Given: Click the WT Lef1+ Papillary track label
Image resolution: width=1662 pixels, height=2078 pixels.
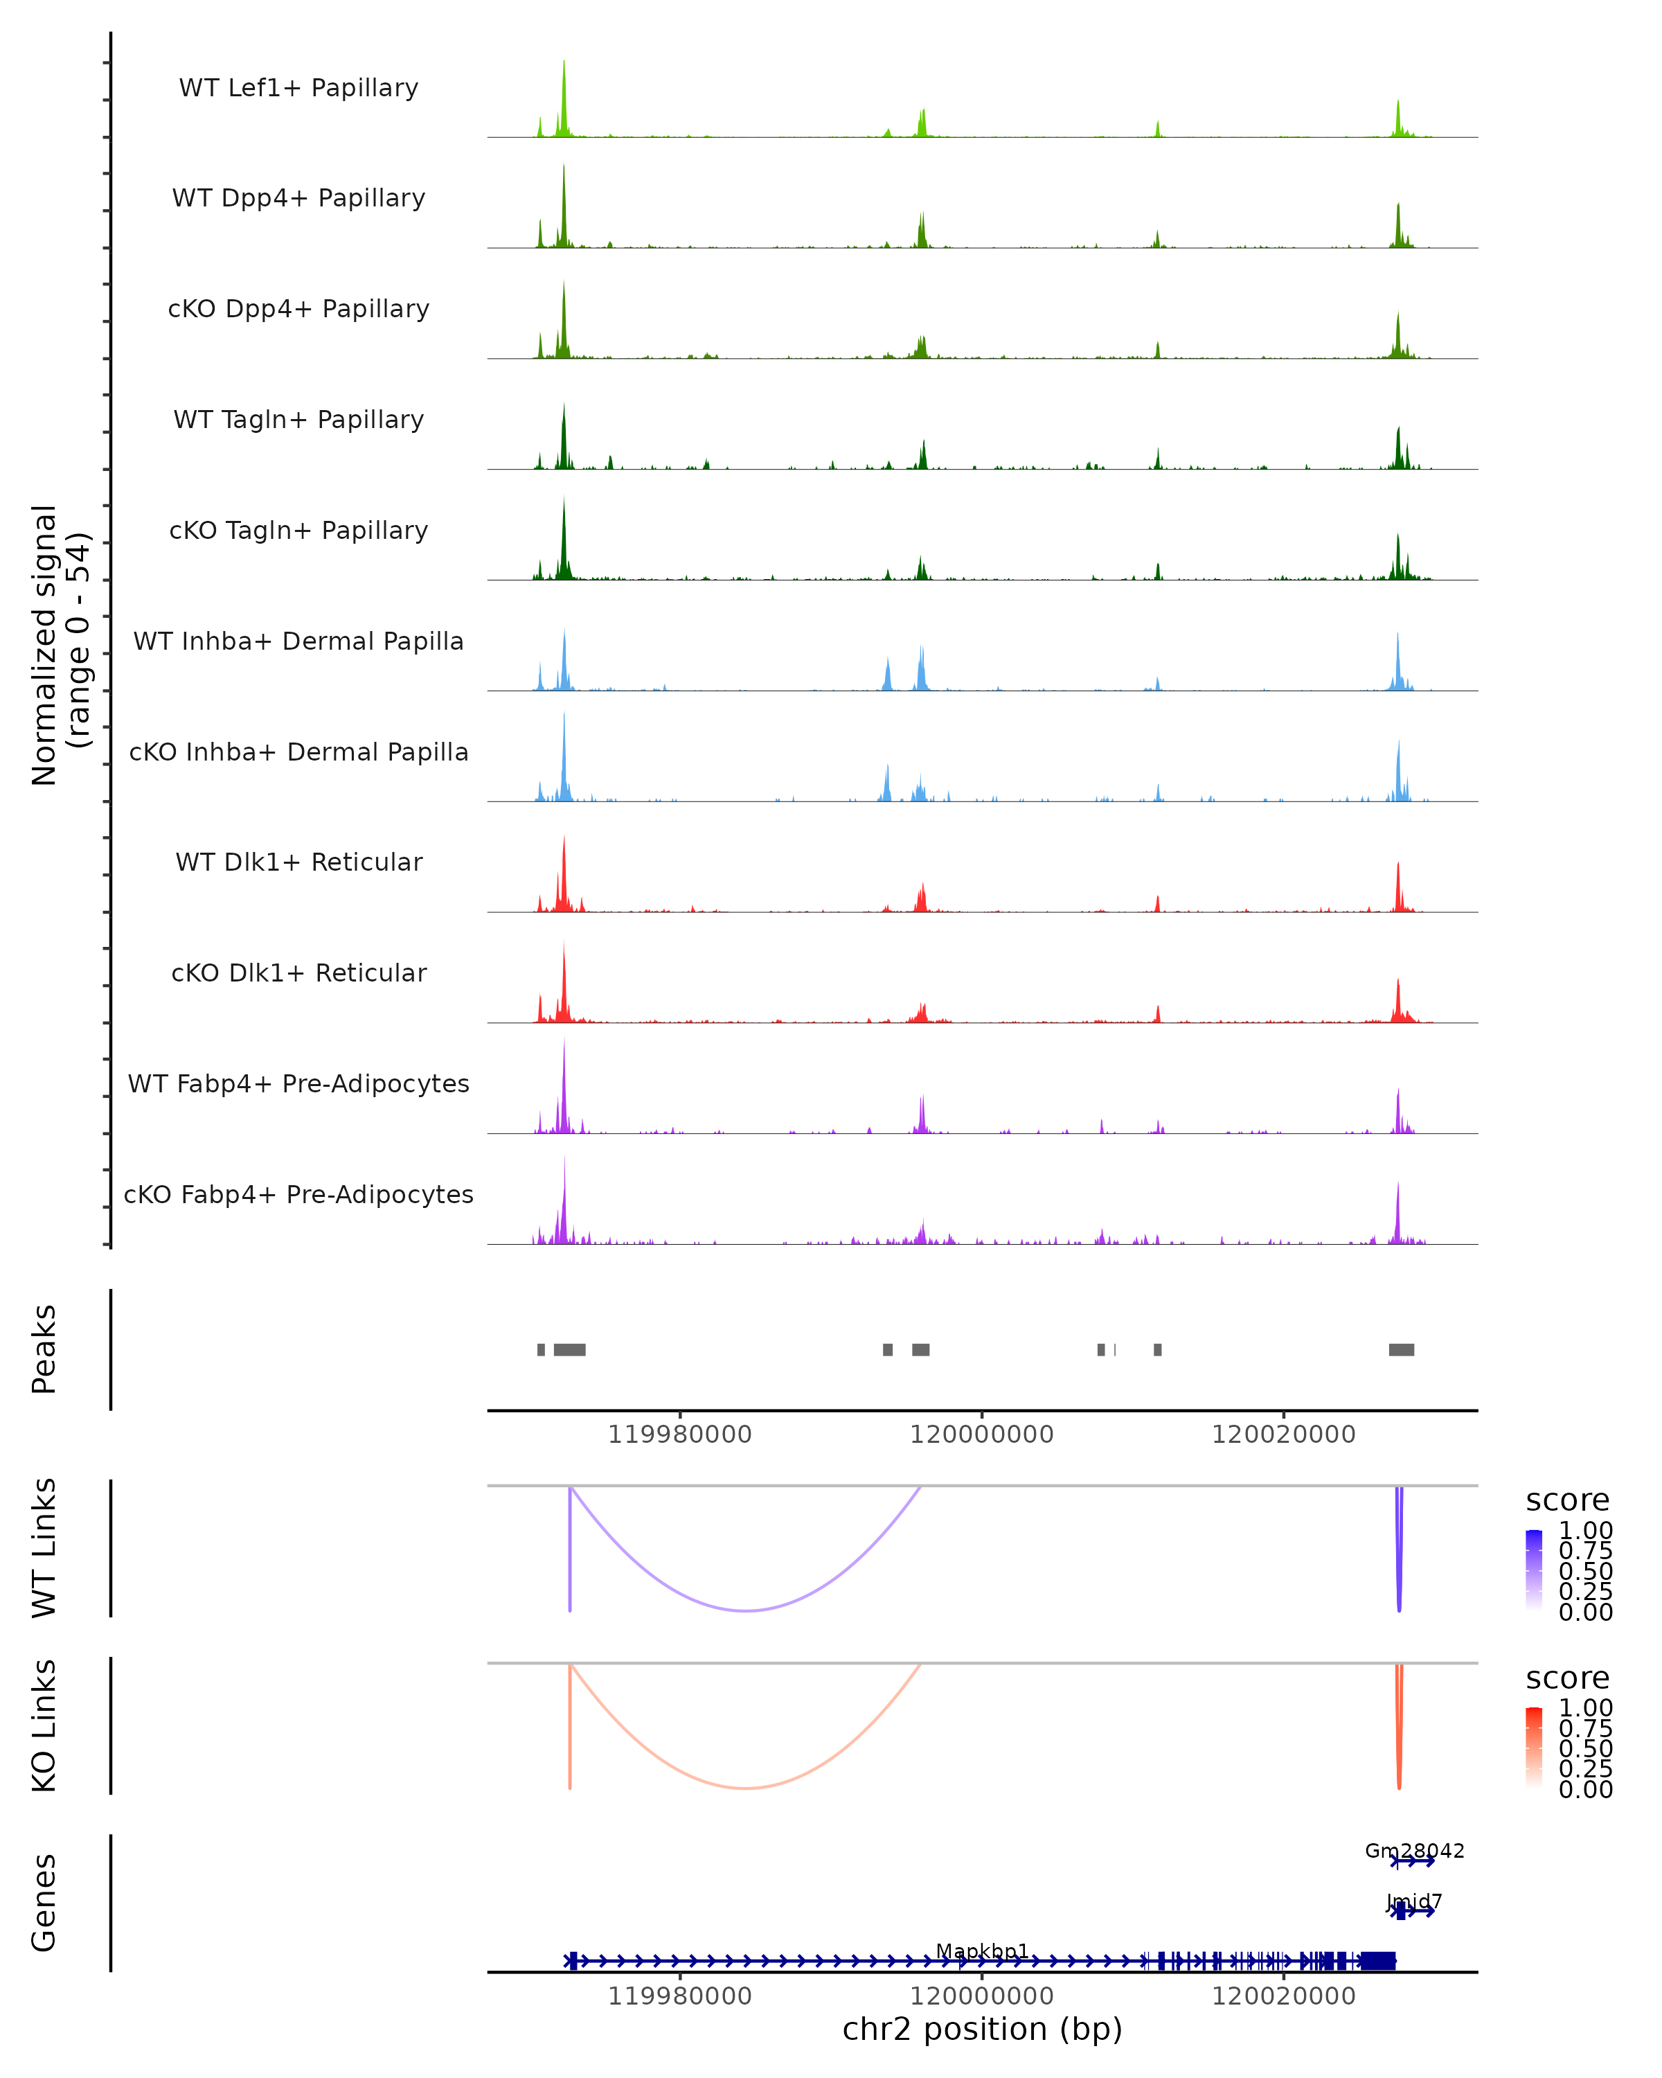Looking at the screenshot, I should [298, 88].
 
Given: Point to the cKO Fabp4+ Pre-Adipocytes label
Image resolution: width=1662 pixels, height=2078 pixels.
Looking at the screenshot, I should [298, 1194].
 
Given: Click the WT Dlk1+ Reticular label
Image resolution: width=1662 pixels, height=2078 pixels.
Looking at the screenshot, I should [298, 862].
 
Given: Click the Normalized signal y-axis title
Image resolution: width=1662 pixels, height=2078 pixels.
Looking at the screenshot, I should [60, 645].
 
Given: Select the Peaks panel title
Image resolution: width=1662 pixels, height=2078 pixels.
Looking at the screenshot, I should [44, 1349].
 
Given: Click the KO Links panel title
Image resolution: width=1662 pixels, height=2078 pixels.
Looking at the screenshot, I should [44, 1725].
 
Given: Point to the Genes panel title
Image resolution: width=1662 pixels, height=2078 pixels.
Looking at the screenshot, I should [44, 1903].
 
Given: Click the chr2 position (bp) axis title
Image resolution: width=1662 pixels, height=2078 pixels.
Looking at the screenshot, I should [982, 2029].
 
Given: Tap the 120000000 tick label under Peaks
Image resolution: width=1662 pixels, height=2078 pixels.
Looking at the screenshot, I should [982, 1435].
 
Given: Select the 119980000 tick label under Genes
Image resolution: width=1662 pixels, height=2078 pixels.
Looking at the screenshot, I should [679, 1996].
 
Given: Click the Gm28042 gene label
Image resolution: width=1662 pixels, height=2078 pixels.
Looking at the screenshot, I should [1414, 1851].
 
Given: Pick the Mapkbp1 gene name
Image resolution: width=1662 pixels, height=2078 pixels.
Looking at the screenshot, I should [982, 1951].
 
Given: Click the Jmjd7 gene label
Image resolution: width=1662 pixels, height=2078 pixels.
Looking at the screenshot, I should [1413, 1901].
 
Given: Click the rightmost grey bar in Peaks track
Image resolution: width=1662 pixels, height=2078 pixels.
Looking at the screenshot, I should [1401, 1349].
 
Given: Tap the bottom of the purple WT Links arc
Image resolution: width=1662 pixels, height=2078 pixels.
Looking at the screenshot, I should [746, 1610].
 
